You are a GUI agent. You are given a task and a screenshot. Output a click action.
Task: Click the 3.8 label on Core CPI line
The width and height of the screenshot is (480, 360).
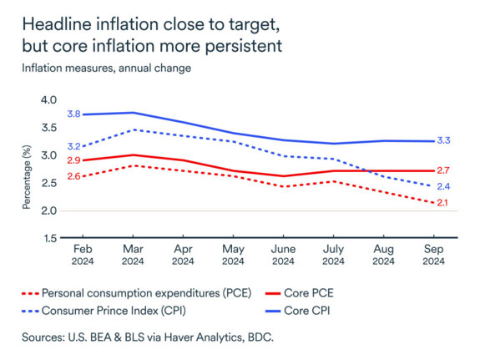click(x=73, y=114)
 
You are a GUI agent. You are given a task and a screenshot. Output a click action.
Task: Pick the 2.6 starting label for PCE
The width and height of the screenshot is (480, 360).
click(x=73, y=176)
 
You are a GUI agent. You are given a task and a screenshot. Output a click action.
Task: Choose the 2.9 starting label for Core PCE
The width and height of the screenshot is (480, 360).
click(x=73, y=160)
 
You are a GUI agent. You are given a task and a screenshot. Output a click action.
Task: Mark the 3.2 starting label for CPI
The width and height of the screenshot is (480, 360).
click(x=73, y=146)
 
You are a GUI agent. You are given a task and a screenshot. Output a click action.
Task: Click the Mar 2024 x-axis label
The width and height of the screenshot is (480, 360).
click(x=133, y=256)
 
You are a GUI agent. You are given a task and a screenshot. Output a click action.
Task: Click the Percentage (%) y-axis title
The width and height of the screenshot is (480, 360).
click(x=27, y=170)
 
